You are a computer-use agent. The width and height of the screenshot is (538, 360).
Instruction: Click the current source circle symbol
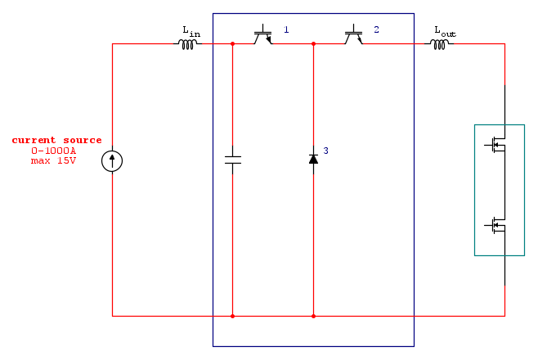[x=112, y=161]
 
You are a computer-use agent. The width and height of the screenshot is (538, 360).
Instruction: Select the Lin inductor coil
[x=188, y=44]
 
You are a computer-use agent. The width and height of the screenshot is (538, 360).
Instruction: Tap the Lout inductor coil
[x=440, y=44]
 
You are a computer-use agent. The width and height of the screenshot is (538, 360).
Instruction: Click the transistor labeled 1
[x=262, y=37]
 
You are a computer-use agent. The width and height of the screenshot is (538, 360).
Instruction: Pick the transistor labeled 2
[x=353, y=37]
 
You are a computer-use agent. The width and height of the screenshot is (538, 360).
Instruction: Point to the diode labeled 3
[x=313, y=158]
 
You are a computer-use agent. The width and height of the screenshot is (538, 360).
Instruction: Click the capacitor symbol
[x=232, y=159]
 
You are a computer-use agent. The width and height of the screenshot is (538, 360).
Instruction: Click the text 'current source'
[x=56, y=140]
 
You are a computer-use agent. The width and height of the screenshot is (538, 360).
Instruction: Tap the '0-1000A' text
[x=53, y=151]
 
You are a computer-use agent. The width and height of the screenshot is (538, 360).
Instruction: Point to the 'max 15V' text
[x=53, y=160]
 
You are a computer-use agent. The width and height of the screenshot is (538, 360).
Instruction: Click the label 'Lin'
[x=191, y=31]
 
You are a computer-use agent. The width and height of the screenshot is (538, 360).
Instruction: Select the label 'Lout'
[x=445, y=31]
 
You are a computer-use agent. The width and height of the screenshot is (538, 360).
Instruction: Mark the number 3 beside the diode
[x=325, y=151]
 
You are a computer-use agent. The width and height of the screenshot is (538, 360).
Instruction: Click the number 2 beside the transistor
[x=376, y=29]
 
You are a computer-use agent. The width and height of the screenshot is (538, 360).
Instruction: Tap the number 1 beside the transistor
[x=286, y=29]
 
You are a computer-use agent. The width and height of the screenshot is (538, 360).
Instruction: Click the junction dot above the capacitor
[x=232, y=44]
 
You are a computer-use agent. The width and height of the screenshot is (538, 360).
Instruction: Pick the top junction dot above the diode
[x=313, y=44]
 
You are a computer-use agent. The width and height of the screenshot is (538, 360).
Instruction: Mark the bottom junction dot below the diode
[x=313, y=315]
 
